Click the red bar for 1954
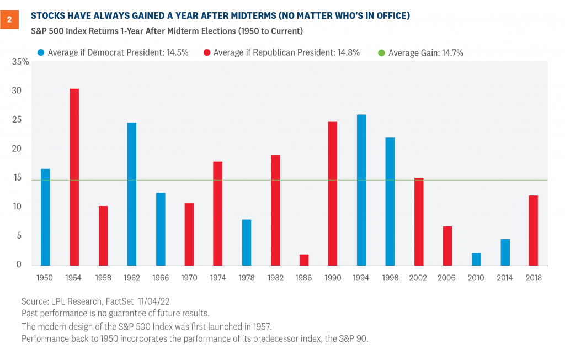click(74, 177)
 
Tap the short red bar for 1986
click(303, 260)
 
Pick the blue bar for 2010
click(476, 259)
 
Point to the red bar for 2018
click(533, 230)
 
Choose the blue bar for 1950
click(45, 216)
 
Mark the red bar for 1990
click(332, 193)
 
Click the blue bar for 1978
click(246, 242)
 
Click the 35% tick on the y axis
click(20, 62)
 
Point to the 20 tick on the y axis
click(18, 149)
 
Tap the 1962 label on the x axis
click(131, 277)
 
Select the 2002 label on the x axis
click(418, 277)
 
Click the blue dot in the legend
click(41, 53)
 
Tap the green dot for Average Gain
click(381, 53)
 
